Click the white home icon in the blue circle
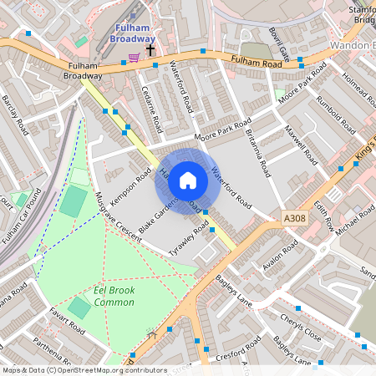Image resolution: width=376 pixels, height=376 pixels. [x=188, y=180]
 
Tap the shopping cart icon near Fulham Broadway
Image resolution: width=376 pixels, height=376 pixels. [x=134, y=57]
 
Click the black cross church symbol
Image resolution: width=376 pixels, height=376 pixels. [x=150, y=50]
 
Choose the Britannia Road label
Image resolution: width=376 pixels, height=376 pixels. [x=257, y=150]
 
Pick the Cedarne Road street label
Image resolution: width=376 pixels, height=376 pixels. [x=151, y=109]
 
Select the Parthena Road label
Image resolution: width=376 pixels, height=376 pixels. [x=51, y=345]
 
